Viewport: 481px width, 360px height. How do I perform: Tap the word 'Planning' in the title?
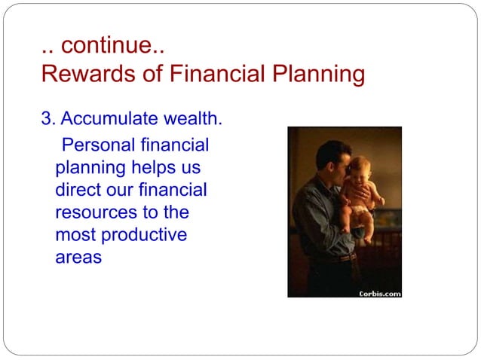[319, 75]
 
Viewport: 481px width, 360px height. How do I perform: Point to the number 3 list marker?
[46, 119]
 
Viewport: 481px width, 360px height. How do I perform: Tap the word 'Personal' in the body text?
[99, 144]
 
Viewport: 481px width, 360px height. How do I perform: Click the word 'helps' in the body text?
[176, 166]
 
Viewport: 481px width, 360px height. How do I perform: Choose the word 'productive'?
[143, 235]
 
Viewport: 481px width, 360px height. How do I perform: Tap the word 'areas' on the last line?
[78, 258]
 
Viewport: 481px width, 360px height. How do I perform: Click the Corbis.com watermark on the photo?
[378, 293]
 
